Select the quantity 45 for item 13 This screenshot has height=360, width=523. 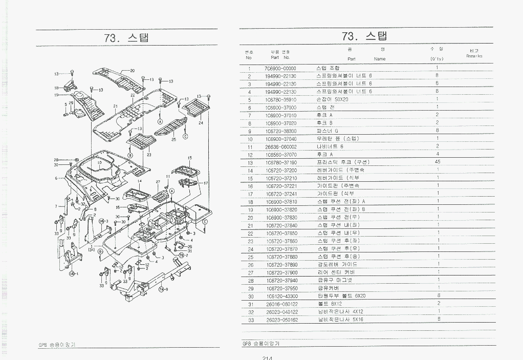coord(438,162)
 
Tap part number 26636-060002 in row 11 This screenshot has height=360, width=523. coord(281,146)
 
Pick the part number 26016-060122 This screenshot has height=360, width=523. coord(281,304)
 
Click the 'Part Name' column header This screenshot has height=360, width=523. coord(366,59)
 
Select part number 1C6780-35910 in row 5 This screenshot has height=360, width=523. coord(281,99)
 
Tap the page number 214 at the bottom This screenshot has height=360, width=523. coord(266,357)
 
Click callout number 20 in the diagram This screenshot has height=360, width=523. coord(132,70)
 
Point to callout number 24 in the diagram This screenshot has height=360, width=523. coord(201,123)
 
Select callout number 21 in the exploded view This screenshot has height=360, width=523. coord(115,107)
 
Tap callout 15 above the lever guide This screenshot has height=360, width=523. coord(189,158)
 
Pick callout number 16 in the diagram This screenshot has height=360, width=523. coord(117,207)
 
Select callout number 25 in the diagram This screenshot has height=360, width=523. coord(173,139)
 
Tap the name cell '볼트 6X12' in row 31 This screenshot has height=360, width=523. coord(330,304)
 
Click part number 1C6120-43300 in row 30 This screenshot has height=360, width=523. coord(281,296)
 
